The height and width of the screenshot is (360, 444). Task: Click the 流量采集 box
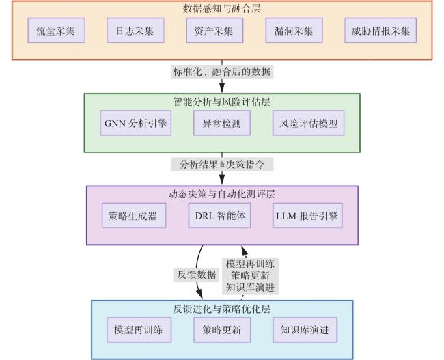(56, 31)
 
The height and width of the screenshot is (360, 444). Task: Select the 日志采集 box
(135, 31)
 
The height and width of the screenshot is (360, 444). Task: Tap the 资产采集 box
(214, 31)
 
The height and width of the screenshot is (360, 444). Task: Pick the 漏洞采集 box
(294, 31)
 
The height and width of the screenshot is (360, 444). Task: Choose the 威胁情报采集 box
(380, 31)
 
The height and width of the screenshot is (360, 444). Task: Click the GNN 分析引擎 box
(136, 123)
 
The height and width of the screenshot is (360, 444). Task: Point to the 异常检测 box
(222, 123)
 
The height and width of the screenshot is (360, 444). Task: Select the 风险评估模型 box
(308, 123)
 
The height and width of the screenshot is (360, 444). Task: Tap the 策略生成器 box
(134, 216)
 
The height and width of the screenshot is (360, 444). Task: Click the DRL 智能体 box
(220, 216)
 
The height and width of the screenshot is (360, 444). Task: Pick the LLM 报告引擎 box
(307, 216)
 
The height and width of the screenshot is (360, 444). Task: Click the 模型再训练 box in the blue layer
(139, 330)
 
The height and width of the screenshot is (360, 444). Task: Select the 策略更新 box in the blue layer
(222, 330)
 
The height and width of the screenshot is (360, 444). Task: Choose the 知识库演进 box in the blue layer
(305, 330)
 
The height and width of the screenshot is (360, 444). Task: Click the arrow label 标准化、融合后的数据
(222, 72)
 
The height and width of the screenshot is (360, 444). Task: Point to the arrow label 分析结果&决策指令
(222, 164)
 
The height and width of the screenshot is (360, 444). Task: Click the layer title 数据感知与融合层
(222, 8)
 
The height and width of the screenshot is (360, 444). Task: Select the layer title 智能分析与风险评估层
(222, 101)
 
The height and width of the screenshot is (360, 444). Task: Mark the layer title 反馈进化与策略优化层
(222, 309)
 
